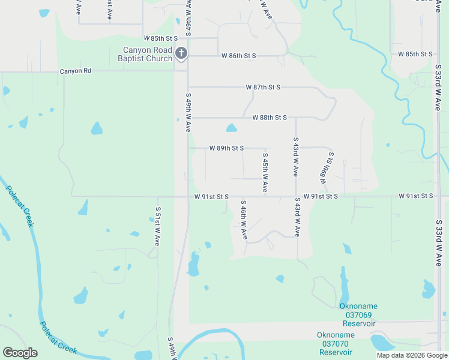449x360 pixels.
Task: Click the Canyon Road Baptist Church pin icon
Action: pos(181,55)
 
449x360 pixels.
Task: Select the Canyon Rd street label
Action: pos(75,71)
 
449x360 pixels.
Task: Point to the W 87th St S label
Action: pos(263,87)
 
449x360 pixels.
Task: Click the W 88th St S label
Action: pos(269,118)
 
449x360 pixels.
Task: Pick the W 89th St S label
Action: pos(226,148)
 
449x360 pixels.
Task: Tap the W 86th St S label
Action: pos(239,56)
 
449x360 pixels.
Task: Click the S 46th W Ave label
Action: pos(244,220)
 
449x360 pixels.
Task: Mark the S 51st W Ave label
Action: pos(157,227)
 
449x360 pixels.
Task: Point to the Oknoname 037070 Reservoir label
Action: pos(336,343)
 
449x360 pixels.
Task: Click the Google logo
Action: pos(20,353)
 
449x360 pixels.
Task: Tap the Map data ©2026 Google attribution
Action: pos(411,355)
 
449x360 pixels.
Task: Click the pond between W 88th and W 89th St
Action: pos(231,128)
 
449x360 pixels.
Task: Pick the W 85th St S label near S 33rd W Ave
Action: pos(416,54)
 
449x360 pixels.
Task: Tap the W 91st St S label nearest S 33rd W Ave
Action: pos(417,196)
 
